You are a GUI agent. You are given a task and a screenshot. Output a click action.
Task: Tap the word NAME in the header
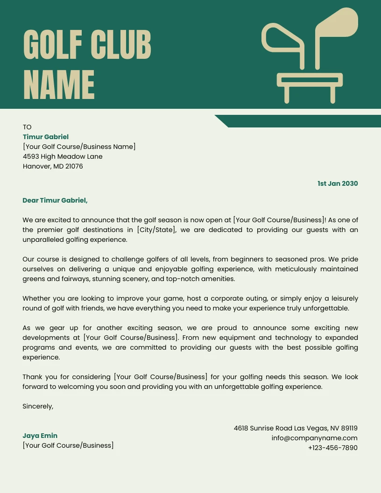[x=59, y=85]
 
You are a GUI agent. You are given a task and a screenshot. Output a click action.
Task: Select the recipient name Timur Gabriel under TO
[x=46, y=137]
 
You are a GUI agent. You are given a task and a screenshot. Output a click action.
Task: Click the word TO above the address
[x=27, y=127]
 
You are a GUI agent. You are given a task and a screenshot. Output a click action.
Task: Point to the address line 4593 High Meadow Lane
[x=63, y=156]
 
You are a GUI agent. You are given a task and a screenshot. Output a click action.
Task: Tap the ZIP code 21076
[x=74, y=166]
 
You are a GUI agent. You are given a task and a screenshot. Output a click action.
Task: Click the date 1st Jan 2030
[x=338, y=183]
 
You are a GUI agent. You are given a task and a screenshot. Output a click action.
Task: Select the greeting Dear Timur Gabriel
[x=55, y=200]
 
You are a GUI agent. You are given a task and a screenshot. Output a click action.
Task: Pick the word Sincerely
[x=38, y=406]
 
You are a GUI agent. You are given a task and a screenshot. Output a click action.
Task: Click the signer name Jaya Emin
[x=40, y=436]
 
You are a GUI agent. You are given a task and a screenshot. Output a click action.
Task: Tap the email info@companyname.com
[x=314, y=438]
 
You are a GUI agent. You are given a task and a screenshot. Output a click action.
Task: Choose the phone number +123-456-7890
[x=332, y=448]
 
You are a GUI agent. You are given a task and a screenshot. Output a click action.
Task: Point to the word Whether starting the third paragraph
[x=36, y=298]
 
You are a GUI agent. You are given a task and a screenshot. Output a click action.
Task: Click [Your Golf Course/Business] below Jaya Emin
[x=68, y=445]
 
